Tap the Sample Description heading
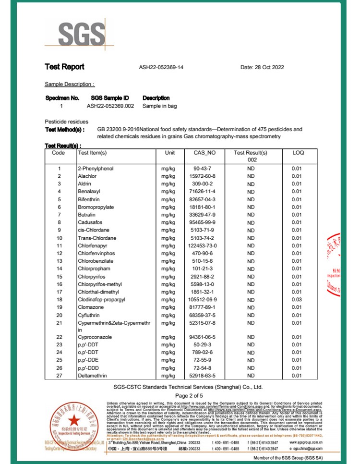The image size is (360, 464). coord(70,84)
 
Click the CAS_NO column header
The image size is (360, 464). coord(198,153)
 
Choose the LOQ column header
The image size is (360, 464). coord(298,153)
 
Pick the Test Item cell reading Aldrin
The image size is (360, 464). coord(84,184)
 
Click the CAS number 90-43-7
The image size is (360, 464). coord(198,169)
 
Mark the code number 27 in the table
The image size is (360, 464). coord(60,376)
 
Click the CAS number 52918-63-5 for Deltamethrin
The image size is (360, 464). coord(198,376)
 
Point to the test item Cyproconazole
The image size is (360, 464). coord(95,337)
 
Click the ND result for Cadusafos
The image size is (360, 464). coord(251,222)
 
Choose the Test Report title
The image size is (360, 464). coord(64,67)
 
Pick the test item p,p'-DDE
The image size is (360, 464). coord(88,360)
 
